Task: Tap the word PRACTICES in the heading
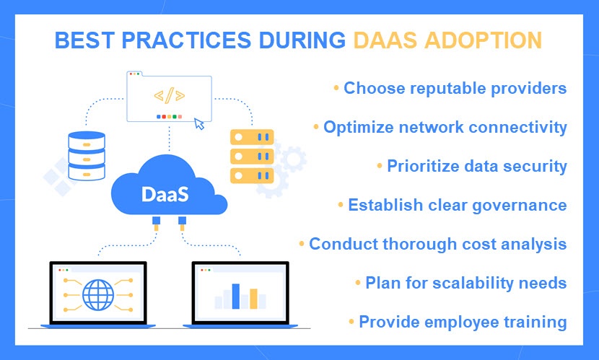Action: coord(186,40)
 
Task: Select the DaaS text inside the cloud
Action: coord(165,194)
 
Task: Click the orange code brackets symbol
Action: coord(169,95)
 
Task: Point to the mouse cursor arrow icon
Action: coord(199,123)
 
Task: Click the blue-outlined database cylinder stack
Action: coord(87,156)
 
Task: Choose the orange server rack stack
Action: coord(252,156)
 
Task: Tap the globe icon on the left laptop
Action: coord(98,295)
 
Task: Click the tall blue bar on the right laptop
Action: coord(236,296)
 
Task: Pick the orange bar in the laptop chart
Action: coord(253,299)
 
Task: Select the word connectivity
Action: coord(517,128)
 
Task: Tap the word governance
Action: coord(520,206)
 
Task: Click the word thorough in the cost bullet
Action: coord(420,244)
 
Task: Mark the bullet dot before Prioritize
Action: coord(380,166)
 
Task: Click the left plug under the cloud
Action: coord(156,224)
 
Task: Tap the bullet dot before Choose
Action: coord(336,88)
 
